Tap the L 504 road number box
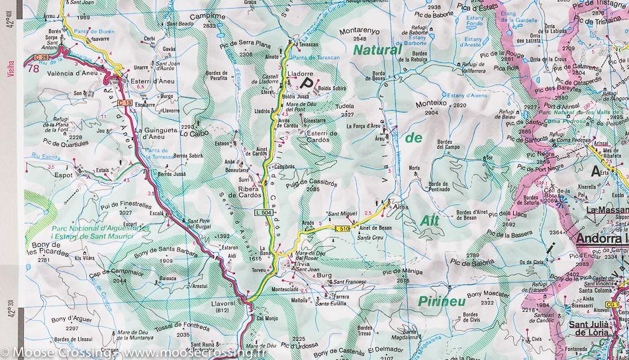point(263,212)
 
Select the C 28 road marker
point(38,59)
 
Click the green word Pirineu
point(442,301)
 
